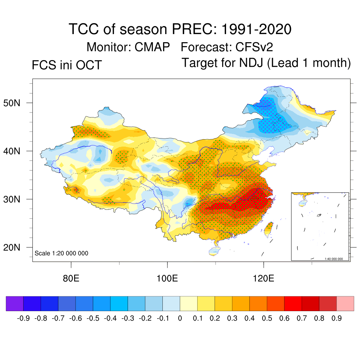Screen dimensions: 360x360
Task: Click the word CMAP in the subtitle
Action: click(x=152, y=47)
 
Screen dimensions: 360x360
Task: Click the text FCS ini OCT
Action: click(x=67, y=65)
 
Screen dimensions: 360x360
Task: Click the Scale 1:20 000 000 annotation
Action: click(x=62, y=253)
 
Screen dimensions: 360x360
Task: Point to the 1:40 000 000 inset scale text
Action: click(x=336, y=259)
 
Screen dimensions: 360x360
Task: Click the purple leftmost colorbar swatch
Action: click(x=15, y=304)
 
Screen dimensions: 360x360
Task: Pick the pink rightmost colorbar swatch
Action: click(x=345, y=304)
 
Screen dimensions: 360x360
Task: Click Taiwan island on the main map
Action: click(x=269, y=229)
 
